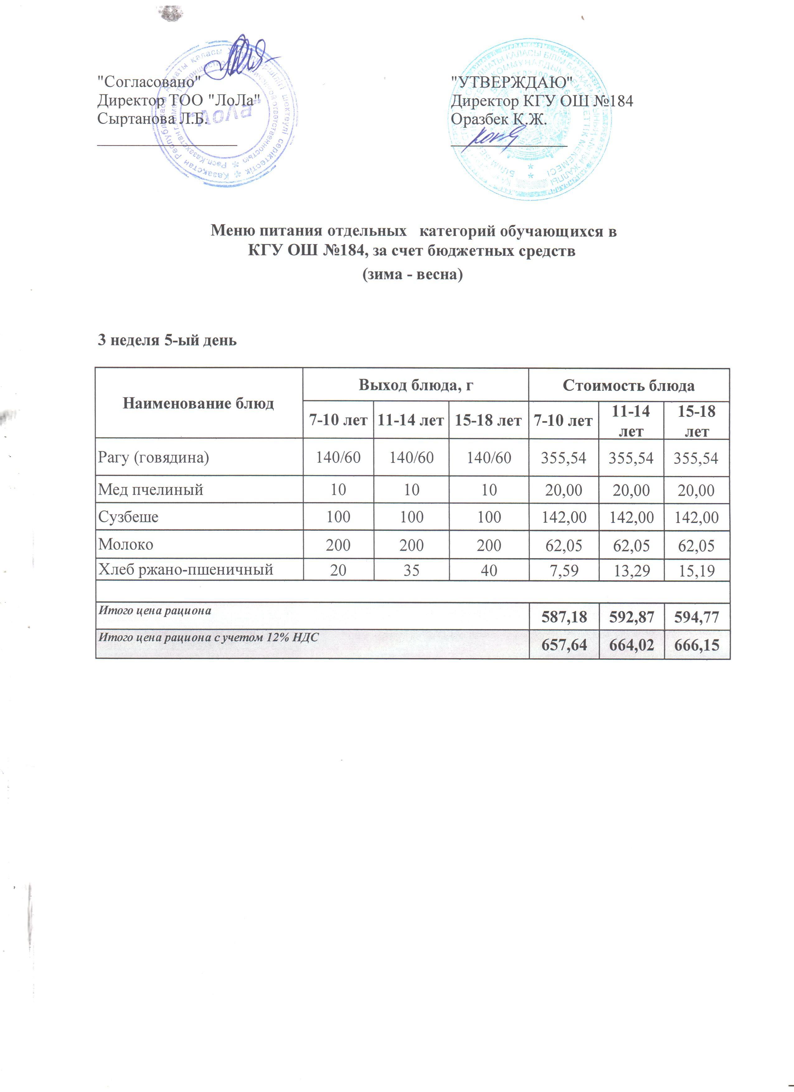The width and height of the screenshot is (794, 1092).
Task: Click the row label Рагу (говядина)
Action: [154, 457]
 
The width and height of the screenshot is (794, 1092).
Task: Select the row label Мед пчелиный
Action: [151, 490]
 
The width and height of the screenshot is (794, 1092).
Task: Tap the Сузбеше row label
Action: [129, 517]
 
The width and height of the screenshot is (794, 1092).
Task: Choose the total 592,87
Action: [631, 617]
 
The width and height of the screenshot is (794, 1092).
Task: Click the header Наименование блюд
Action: [198, 403]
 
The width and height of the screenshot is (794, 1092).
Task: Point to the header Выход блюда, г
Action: [415, 385]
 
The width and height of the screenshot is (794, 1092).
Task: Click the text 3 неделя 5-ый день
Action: [167, 341]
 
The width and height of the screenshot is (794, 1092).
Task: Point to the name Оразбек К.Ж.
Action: [499, 118]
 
